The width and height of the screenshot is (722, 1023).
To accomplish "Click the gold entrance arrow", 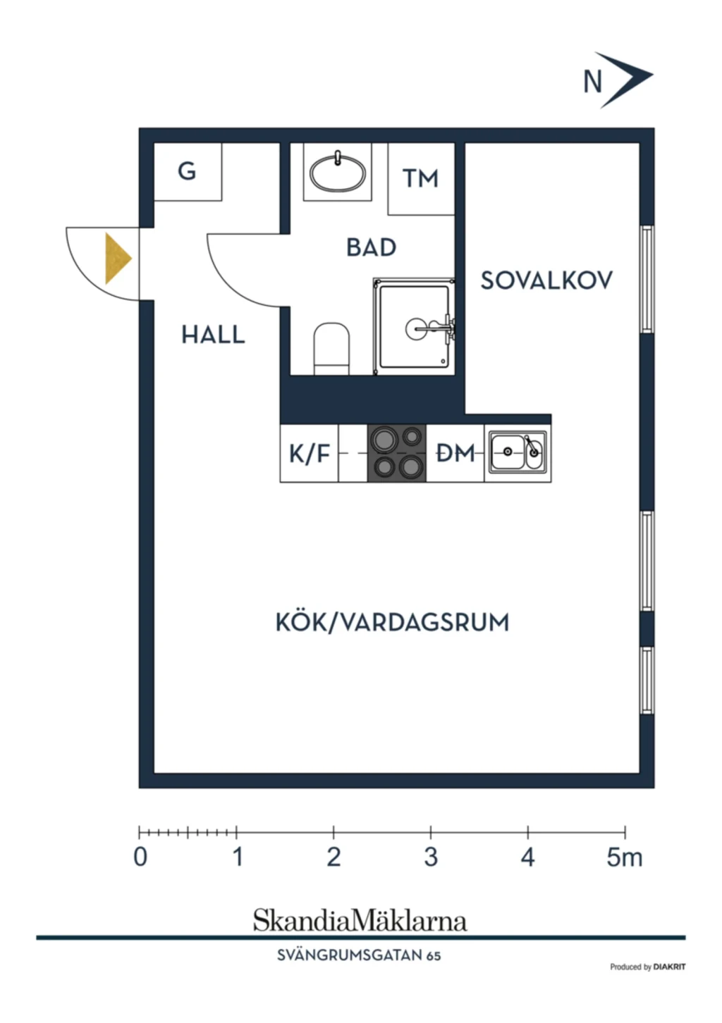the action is (117, 259).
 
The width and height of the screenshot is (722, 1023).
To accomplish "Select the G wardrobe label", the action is (187, 172).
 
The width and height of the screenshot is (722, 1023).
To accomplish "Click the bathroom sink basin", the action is (338, 173).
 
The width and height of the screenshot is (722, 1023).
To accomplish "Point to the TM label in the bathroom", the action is (420, 178).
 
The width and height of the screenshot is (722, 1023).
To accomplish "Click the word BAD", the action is (371, 247).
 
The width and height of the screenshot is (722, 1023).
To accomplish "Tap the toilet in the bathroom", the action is (331, 349).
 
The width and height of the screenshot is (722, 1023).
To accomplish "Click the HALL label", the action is (214, 335).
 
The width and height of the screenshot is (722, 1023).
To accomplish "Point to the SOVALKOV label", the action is (546, 280).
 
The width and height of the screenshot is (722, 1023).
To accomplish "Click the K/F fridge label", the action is (310, 454).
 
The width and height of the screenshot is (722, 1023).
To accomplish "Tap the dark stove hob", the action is (397, 453).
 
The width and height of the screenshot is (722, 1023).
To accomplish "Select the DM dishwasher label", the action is (455, 453).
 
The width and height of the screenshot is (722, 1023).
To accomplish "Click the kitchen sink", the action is (518, 452).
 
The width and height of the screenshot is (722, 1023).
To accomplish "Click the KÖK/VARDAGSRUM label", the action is (392, 622).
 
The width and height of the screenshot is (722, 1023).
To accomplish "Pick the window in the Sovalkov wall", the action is (647, 280).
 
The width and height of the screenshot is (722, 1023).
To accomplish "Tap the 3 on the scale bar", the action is (431, 857).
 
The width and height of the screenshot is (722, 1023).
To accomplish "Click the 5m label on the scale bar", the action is (624, 857).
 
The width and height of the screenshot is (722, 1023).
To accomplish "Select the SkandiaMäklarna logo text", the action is (360, 920).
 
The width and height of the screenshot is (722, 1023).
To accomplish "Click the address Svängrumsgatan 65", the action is (359, 955).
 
